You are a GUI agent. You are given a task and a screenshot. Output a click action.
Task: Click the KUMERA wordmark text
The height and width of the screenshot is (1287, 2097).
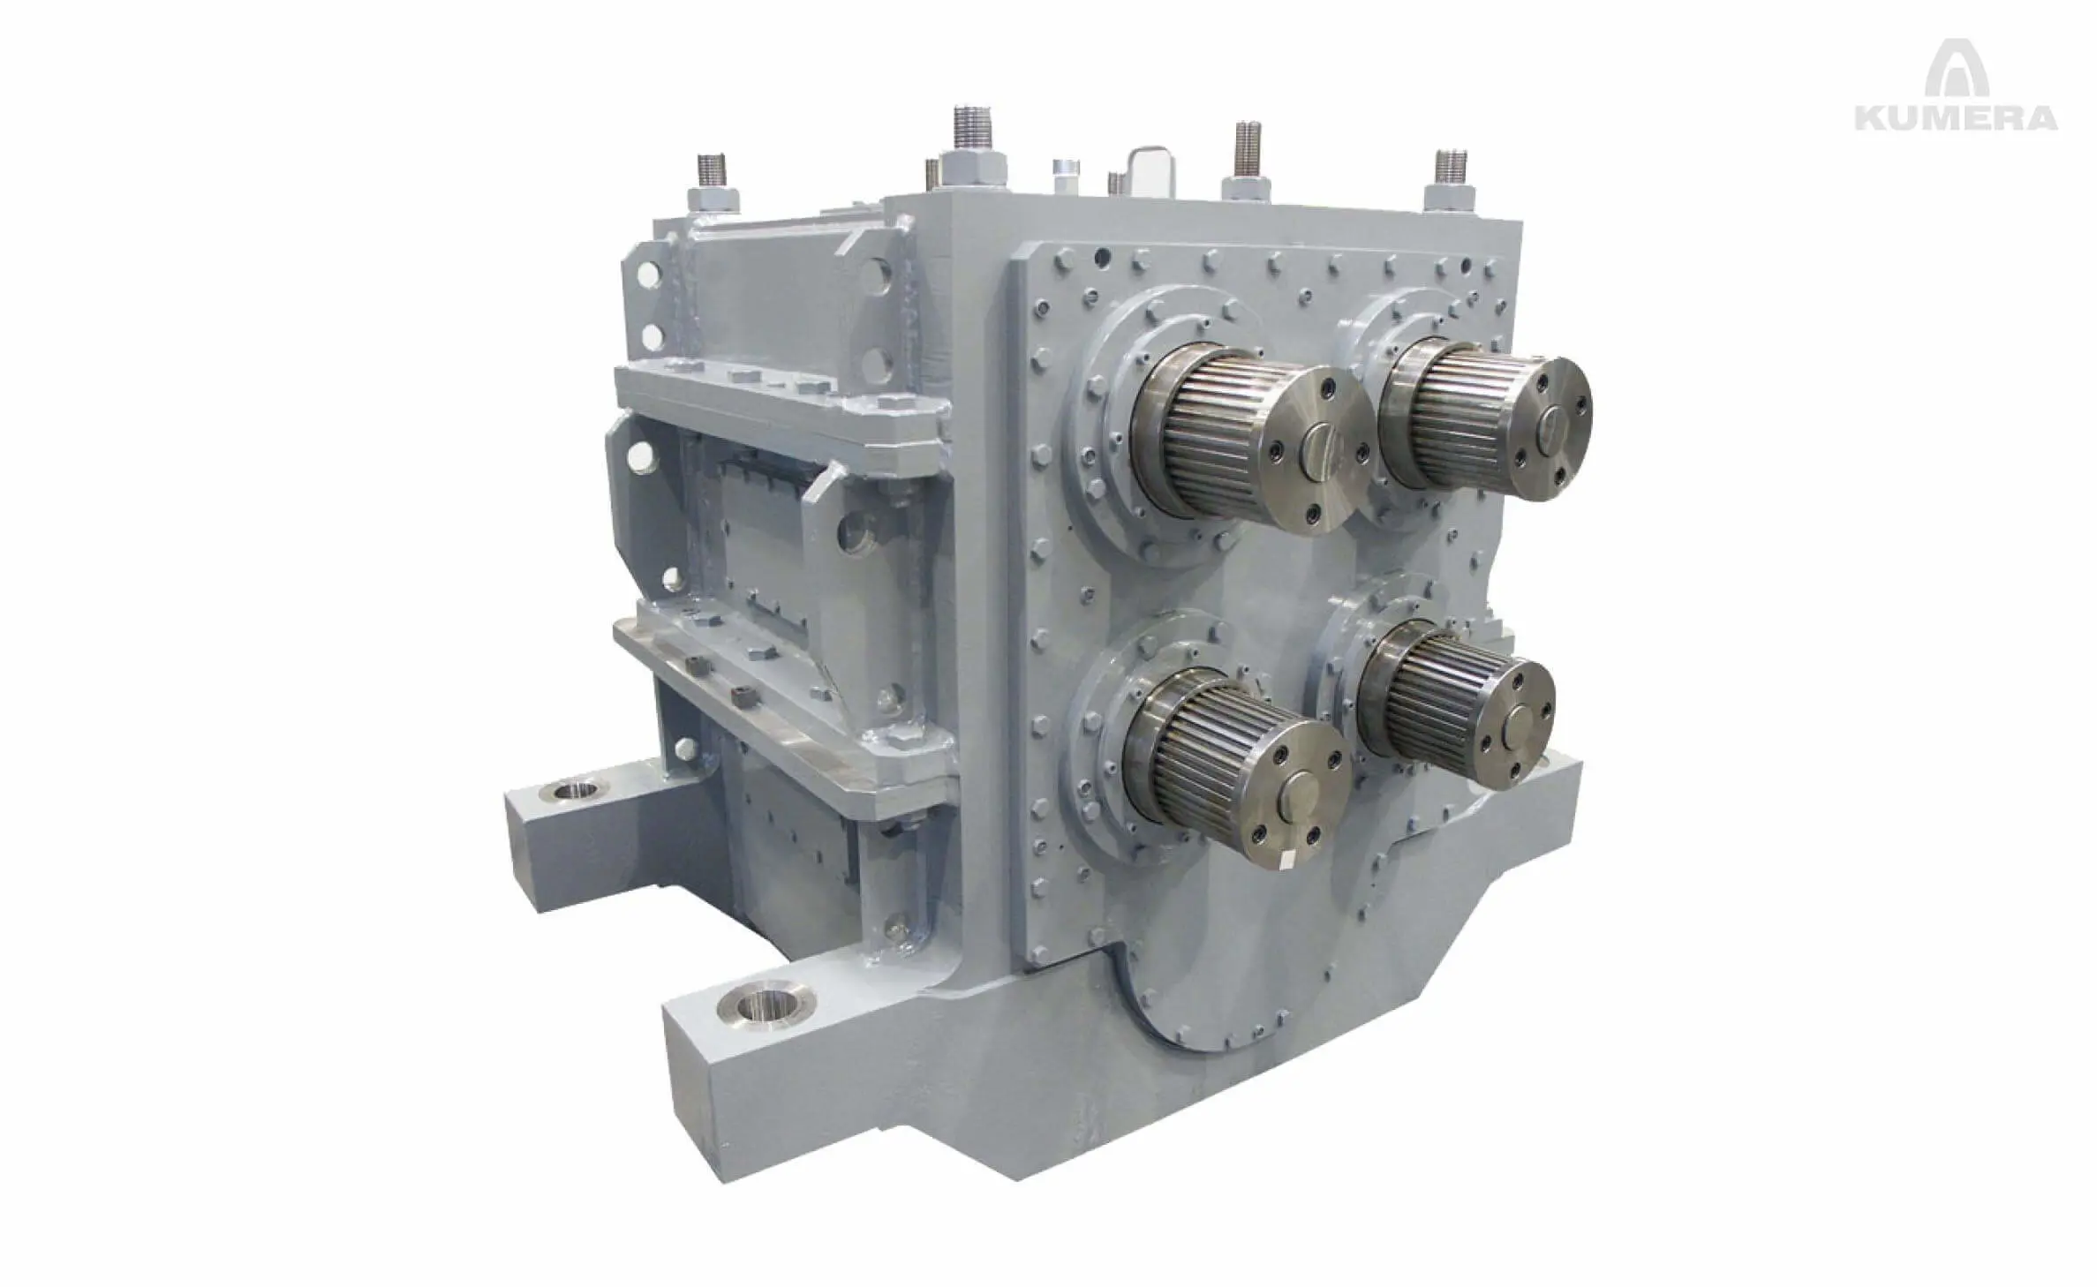pos(1956,118)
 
